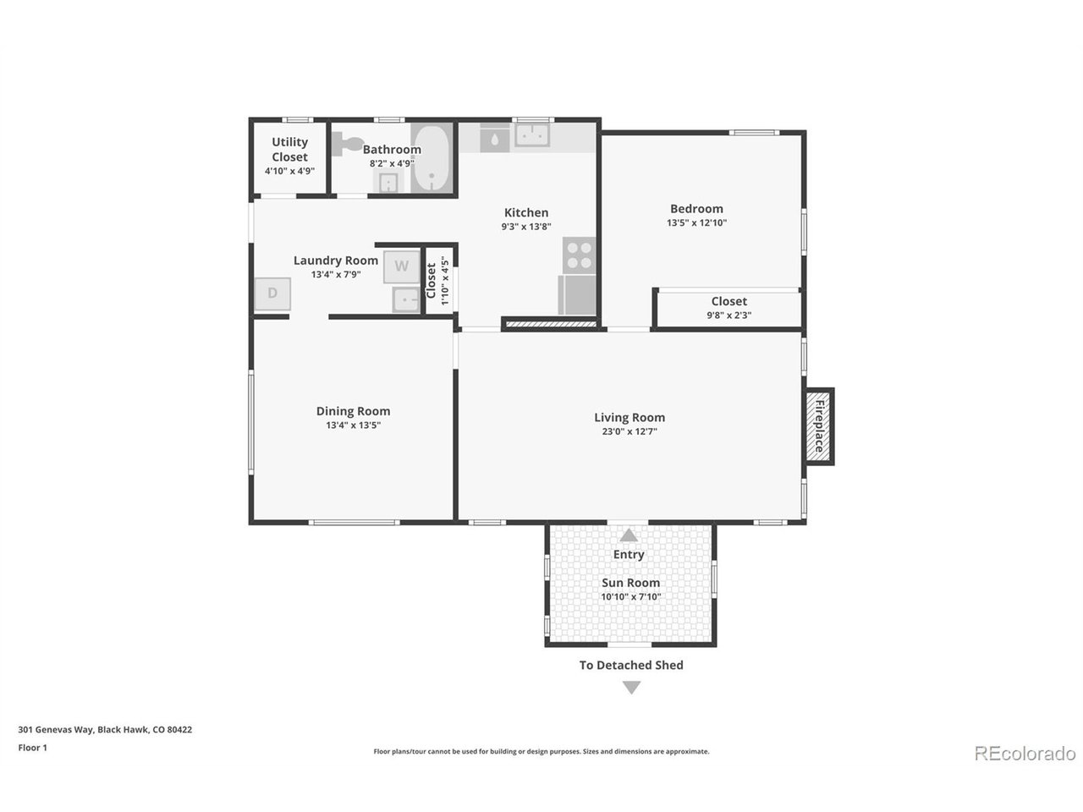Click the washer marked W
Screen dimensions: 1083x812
coord(401,266)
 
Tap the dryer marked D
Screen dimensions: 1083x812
coord(272,294)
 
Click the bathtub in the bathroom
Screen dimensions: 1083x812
coord(432,157)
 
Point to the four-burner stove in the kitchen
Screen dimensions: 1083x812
coord(579,255)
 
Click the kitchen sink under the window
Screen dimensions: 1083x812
coord(532,134)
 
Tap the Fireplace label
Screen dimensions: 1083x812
coord(818,426)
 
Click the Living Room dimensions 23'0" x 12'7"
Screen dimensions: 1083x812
coord(629,431)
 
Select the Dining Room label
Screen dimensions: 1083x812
coord(353,411)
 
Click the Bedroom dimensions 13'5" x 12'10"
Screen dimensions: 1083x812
coord(696,222)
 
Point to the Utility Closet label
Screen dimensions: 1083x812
coord(289,150)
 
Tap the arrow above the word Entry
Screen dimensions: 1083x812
coord(628,535)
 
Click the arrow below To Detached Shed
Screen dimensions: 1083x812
coord(631,688)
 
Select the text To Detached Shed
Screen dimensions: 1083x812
coord(631,665)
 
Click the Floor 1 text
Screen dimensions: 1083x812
coord(32,748)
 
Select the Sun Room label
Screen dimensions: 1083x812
coord(630,582)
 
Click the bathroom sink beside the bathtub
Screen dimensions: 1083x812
coord(389,183)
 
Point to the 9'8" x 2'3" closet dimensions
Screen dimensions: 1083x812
coord(728,315)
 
